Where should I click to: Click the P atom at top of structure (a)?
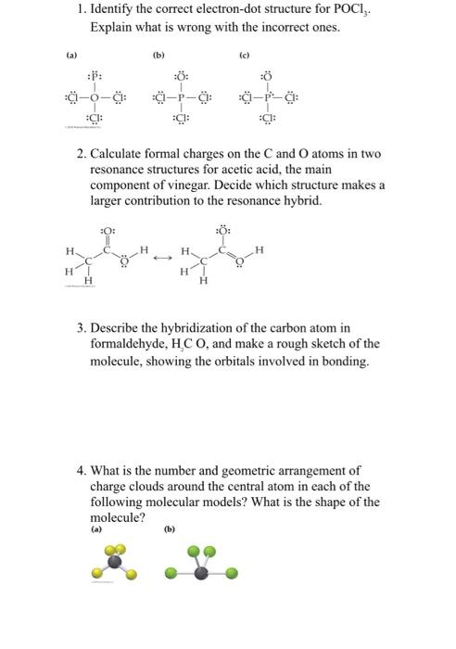94,77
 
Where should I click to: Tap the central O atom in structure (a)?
94,96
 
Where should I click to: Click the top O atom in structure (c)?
268,77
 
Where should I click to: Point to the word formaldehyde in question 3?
124,343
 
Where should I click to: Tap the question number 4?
82,470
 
